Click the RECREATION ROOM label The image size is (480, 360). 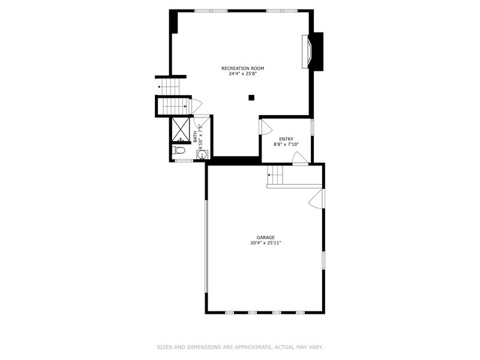(242, 68)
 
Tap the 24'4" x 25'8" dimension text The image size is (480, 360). (242, 74)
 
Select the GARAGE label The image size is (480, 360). (266, 238)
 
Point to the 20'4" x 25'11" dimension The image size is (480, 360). (266, 244)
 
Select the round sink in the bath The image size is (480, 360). (202, 154)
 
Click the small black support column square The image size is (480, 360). (252, 98)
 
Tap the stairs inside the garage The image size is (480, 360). (275, 175)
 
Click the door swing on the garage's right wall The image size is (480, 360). (316, 200)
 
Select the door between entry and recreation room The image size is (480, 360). (265, 127)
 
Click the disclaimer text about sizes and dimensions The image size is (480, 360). (240, 346)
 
